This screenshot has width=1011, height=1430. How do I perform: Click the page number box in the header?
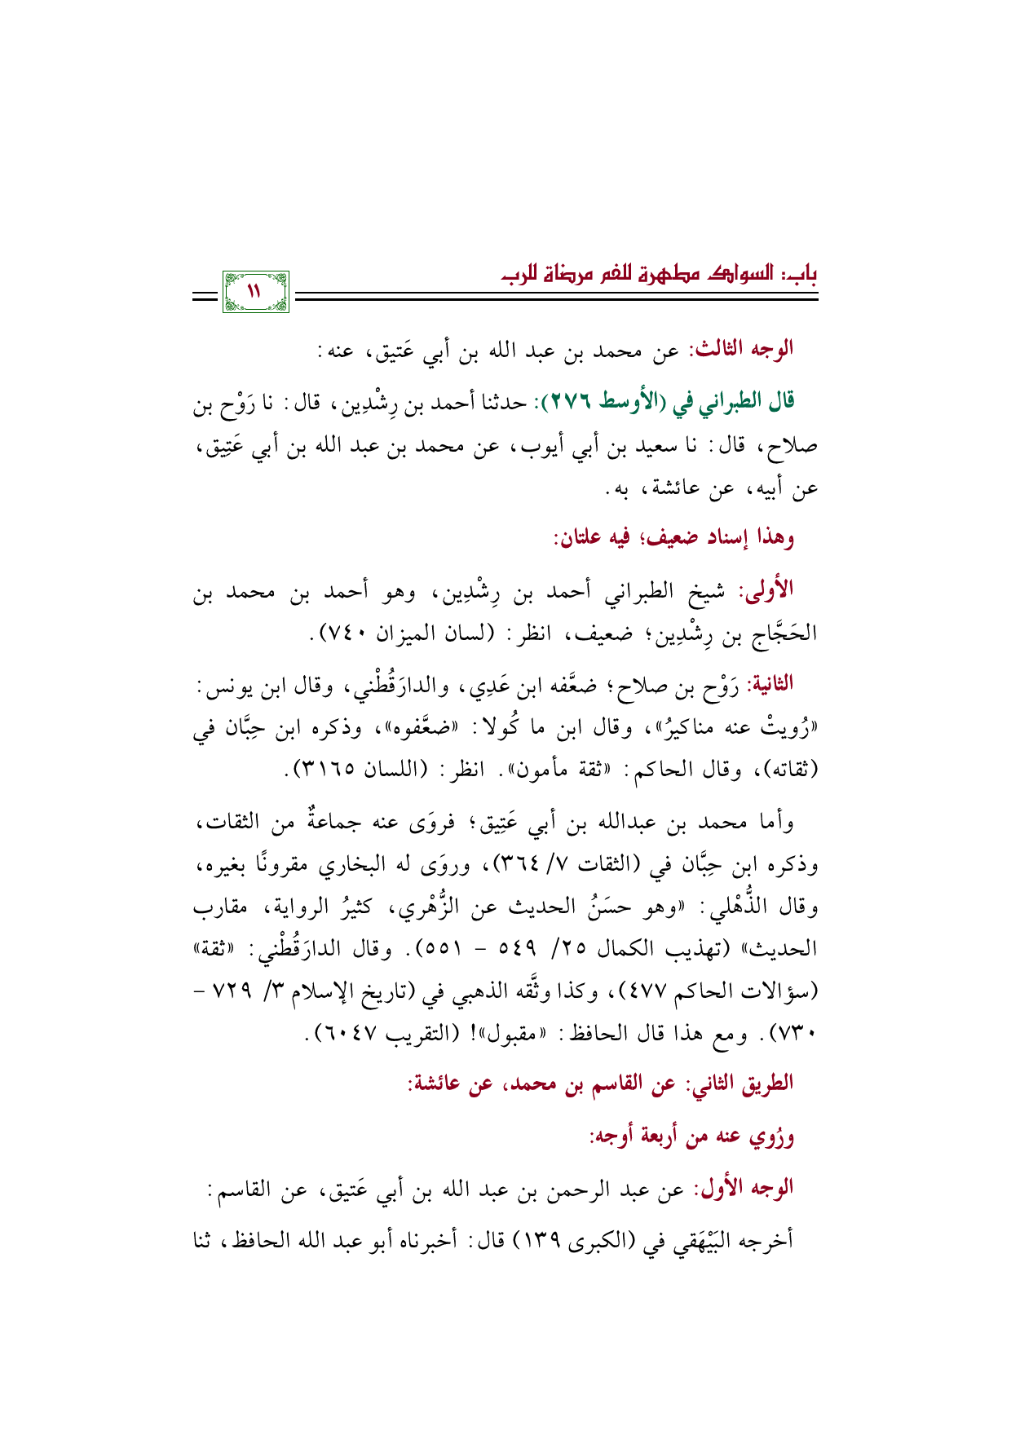[x=254, y=292]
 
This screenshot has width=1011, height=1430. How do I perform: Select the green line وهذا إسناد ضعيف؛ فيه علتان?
[x=673, y=538]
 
